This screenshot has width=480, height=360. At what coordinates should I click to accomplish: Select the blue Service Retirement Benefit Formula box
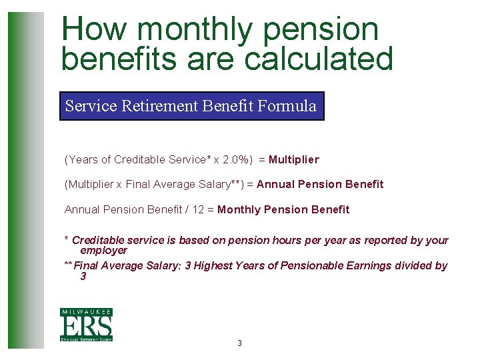191,106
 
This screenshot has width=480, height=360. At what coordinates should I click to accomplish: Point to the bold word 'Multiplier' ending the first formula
294,160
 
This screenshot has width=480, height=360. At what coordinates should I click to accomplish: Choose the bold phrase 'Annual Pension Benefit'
320,185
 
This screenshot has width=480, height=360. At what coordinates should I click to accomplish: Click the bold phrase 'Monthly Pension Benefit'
283,210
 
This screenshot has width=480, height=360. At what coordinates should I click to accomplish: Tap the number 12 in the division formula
199,210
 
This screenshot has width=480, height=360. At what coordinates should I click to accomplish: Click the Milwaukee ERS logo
86,325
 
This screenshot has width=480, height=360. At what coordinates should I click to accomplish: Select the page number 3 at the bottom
239,343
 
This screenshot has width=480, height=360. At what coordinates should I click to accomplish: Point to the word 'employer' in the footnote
103,251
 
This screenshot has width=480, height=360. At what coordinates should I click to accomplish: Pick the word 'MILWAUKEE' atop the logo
86,312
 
